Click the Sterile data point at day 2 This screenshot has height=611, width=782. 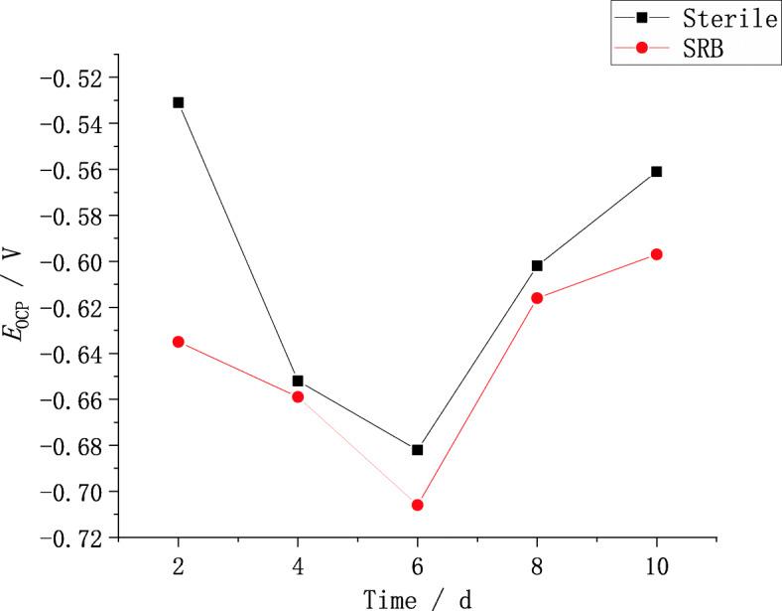(x=178, y=102)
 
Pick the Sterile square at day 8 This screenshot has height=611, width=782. (x=537, y=265)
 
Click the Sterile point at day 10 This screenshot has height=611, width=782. (x=656, y=171)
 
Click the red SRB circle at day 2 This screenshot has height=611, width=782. (x=178, y=342)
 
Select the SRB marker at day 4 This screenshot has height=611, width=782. (x=298, y=396)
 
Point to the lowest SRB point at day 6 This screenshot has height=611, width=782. (x=417, y=505)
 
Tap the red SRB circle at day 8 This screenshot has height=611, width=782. (x=537, y=298)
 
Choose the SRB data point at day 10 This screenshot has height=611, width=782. (x=656, y=254)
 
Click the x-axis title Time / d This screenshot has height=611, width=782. (x=417, y=598)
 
